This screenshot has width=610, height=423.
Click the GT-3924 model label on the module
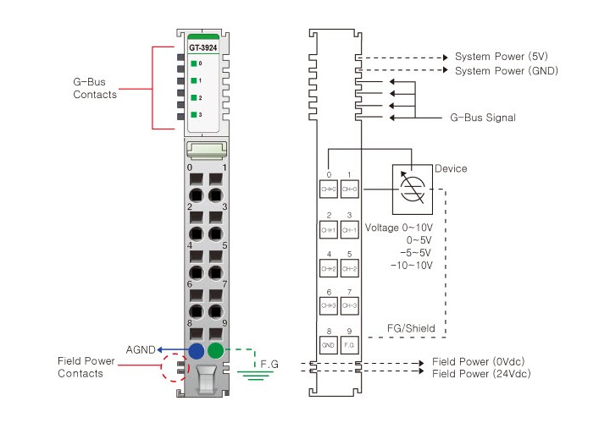(x=202, y=47)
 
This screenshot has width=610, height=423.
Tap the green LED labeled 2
(x=194, y=97)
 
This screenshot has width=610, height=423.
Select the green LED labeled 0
(x=194, y=63)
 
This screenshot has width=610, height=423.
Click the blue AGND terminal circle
(x=197, y=350)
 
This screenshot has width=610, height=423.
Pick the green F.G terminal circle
(x=217, y=350)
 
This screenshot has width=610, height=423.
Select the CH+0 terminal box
(x=329, y=190)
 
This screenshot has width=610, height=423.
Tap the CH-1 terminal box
(x=349, y=230)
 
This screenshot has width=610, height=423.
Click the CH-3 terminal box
(x=349, y=305)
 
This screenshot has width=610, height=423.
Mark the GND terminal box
(x=329, y=344)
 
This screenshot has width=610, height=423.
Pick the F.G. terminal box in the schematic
(x=349, y=344)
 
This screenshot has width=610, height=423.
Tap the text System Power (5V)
(x=502, y=57)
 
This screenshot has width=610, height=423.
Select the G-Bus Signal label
(x=483, y=117)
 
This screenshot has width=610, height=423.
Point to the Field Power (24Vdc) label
(x=483, y=373)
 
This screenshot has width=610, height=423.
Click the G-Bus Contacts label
(x=95, y=88)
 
